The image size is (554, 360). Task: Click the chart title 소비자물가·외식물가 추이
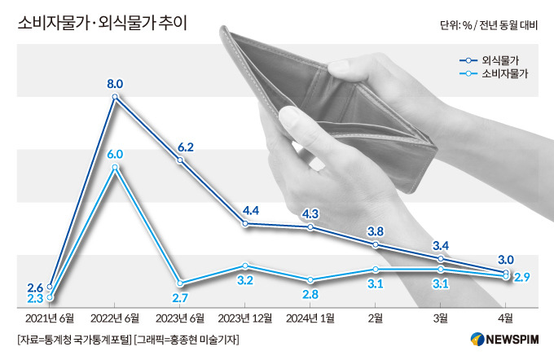(x=102, y=21)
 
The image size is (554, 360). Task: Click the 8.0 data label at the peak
(x=115, y=83)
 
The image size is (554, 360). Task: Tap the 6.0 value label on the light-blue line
(x=115, y=153)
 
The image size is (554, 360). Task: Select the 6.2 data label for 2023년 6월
(x=185, y=147)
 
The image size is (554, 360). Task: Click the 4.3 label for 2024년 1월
(x=310, y=213)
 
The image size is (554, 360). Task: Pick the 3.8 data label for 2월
(x=376, y=230)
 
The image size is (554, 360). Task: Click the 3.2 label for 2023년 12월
(x=245, y=281)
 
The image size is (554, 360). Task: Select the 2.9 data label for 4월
(x=523, y=279)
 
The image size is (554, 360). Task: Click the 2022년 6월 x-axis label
(x=115, y=318)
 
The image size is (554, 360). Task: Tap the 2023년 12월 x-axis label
(x=245, y=318)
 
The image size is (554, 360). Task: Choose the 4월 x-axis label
(x=506, y=318)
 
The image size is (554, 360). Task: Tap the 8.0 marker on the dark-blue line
(x=115, y=97)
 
